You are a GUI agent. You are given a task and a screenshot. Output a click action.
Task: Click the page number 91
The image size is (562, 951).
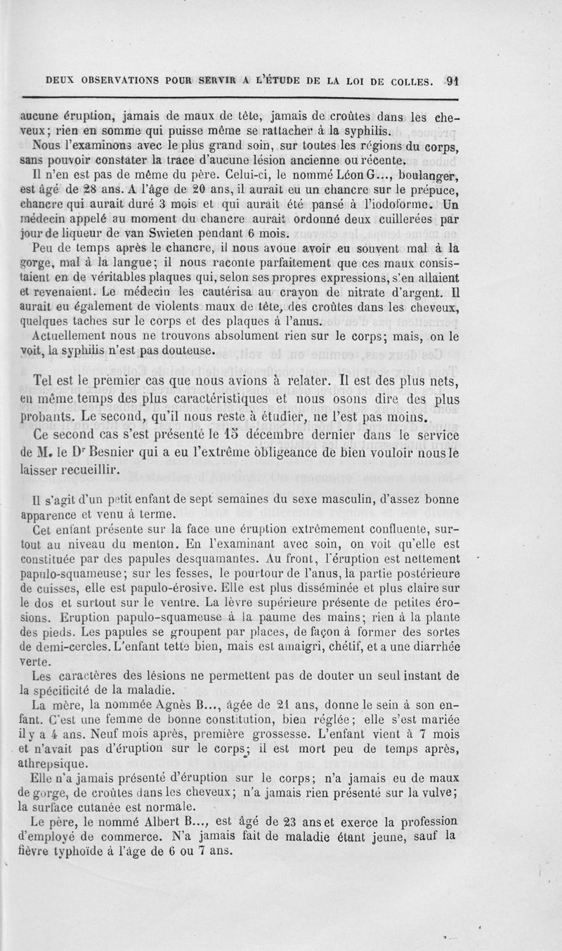[x=451, y=80]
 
